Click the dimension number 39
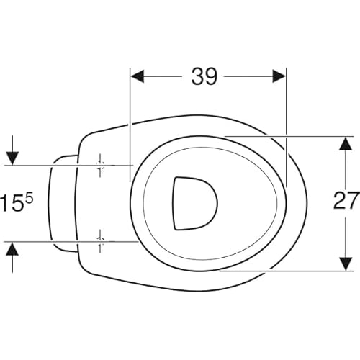(x=204, y=76)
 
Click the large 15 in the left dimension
(x=12, y=203)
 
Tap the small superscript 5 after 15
(x=29, y=199)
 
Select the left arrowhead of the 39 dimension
(x=138, y=76)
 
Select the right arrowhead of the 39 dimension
(x=279, y=76)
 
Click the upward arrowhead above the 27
(x=346, y=143)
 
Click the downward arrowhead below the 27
(x=346, y=264)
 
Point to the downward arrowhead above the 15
(x=12, y=158)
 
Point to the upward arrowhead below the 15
(x=12, y=249)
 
